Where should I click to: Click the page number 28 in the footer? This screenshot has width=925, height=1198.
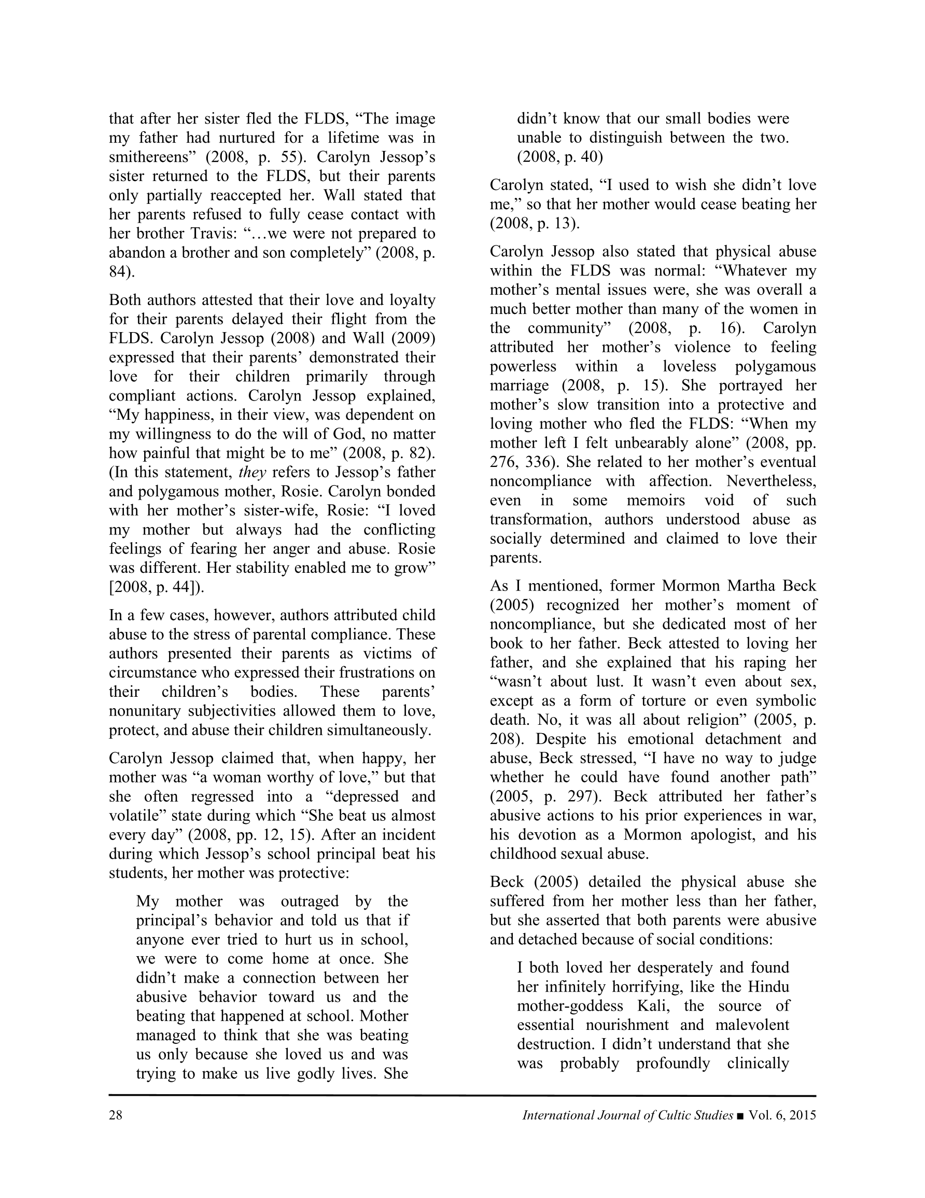pos(116,1115)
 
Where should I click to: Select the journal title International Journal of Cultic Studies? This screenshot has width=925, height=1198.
pos(627,1115)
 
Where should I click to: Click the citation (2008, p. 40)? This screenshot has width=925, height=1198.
pos(560,157)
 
